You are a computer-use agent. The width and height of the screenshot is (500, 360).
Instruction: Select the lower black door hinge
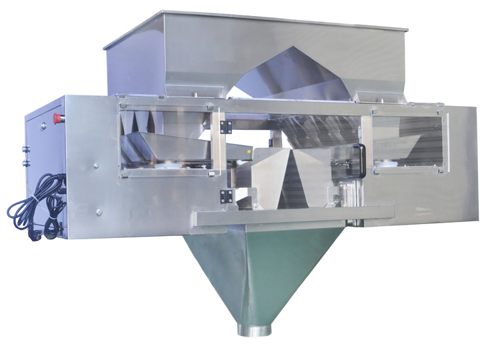[x=227, y=196]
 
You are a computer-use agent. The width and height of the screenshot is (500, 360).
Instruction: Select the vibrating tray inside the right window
[x=400, y=147]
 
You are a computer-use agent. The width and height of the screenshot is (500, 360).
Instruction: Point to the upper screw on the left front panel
[x=95, y=165]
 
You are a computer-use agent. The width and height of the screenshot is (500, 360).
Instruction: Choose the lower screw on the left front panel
[x=99, y=211]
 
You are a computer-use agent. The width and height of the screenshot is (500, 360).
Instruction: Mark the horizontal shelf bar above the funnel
[x=293, y=214]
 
